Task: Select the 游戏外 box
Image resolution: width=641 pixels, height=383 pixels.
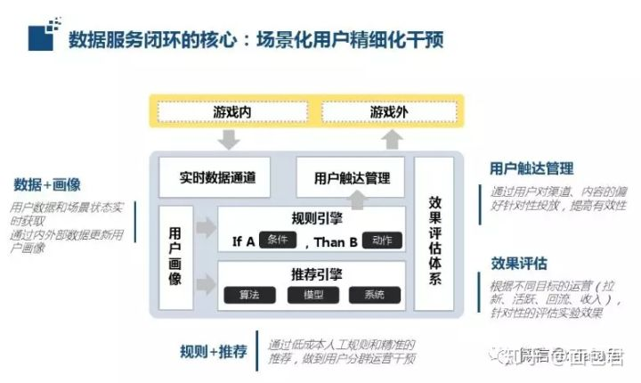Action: (389, 112)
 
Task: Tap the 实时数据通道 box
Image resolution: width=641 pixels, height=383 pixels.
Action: (219, 176)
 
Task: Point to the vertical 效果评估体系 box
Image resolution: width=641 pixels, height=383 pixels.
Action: (434, 240)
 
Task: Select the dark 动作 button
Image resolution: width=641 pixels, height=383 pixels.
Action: (382, 240)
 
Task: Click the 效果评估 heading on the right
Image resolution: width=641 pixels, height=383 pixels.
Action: (518, 264)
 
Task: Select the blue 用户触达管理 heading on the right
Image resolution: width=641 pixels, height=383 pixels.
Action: (531, 167)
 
